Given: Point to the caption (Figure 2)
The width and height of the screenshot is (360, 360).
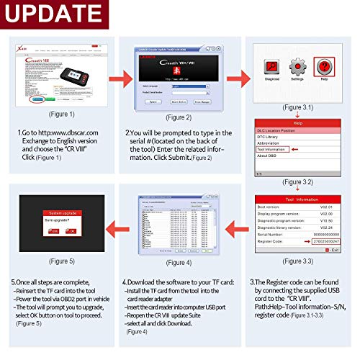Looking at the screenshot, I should (x=179, y=117).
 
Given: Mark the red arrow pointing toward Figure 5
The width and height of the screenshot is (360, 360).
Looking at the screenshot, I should (x=120, y=223).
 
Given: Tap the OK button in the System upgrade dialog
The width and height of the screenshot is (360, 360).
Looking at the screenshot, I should (x=70, y=231).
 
